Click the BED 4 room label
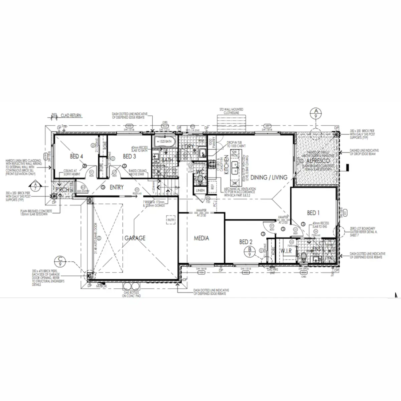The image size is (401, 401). [76, 156]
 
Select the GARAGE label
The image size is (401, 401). [135, 238]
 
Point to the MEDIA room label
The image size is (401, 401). [202, 238]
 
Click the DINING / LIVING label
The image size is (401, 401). [269, 177]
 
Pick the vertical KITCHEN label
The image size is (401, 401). [226, 165]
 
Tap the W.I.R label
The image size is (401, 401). [286, 251]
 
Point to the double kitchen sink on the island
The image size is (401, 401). [235, 165]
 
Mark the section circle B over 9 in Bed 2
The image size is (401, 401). [249, 252]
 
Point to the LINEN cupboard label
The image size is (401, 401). [200, 190]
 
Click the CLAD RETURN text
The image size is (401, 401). [71, 115]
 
